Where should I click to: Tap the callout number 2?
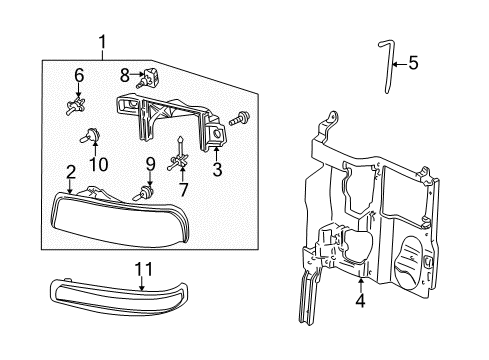[70, 172]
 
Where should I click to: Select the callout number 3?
[217, 170]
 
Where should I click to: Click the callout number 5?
[413, 65]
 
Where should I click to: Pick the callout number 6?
[77, 75]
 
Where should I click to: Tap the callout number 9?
[149, 163]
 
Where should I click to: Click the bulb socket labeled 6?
[76, 104]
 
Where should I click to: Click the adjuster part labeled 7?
[180, 158]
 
